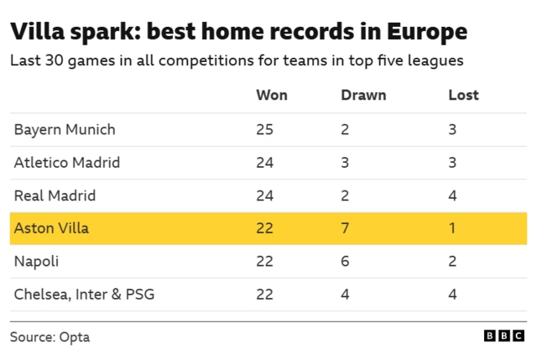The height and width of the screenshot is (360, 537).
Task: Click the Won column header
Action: point(271,95)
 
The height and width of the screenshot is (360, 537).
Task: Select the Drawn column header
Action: point(362,95)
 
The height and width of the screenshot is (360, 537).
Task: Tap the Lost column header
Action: point(463,95)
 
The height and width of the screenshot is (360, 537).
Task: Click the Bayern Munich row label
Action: point(65,129)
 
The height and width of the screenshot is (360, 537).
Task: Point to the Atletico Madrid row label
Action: point(67,162)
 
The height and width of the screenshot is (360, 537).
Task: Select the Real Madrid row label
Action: point(55,196)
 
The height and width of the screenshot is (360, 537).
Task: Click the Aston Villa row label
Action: point(51,228)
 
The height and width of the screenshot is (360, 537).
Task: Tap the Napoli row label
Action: point(36,261)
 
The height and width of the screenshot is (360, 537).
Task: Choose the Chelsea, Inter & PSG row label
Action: point(84,295)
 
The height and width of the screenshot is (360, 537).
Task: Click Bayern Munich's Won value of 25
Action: point(264,129)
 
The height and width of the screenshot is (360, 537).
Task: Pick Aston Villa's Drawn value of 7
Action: point(345,228)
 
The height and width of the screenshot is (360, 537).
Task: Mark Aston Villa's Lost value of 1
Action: point(451,228)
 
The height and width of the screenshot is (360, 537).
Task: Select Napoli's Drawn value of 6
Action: point(345,261)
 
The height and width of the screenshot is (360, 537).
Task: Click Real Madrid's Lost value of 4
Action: point(452,196)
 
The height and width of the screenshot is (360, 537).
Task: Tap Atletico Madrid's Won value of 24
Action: point(264,162)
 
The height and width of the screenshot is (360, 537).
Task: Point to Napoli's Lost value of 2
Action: point(452,261)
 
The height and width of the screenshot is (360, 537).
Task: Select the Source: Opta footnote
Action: point(50,337)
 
